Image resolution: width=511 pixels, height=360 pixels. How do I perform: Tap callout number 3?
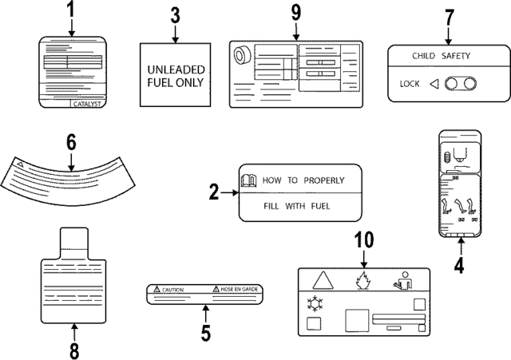pyautogui.click(x=176, y=15)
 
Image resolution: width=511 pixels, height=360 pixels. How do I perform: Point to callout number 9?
pyautogui.click(x=295, y=13)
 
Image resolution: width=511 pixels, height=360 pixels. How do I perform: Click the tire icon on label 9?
pyautogui.click(x=240, y=57)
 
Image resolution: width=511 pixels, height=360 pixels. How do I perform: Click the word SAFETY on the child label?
pyautogui.click(x=455, y=57)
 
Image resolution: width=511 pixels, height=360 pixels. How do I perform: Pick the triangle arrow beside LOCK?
pyautogui.click(x=434, y=83)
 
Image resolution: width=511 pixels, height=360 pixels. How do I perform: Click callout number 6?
pyautogui.click(x=70, y=142)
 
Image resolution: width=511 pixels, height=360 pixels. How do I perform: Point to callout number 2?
pyautogui.click(x=214, y=192)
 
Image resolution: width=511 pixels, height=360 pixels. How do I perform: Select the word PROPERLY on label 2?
pyautogui.click(x=324, y=180)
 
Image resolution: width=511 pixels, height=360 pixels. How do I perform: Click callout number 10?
pyautogui.click(x=364, y=239)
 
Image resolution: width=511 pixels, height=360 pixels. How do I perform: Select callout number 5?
pyautogui.click(x=205, y=331)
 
